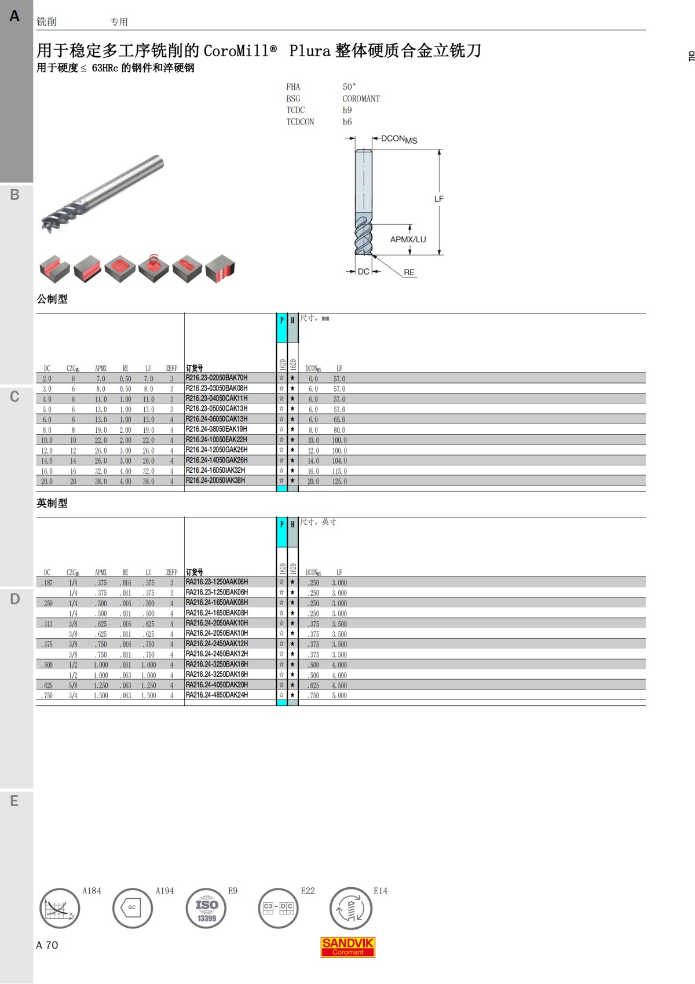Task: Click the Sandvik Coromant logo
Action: pyautogui.click(x=348, y=947)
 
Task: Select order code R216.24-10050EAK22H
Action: pyautogui.click(x=217, y=439)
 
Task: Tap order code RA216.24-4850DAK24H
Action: pyautogui.click(x=217, y=694)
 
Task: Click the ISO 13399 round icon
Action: pyautogui.click(x=206, y=908)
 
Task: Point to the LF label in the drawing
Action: pyautogui.click(x=438, y=199)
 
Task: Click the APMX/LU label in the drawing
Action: pyautogui.click(x=408, y=239)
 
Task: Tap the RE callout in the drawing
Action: pyautogui.click(x=409, y=272)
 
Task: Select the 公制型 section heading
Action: pyautogui.click(x=52, y=298)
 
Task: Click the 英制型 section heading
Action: pyautogui.click(x=52, y=503)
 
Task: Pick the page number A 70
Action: pyautogui.click(x=47, y=945)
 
